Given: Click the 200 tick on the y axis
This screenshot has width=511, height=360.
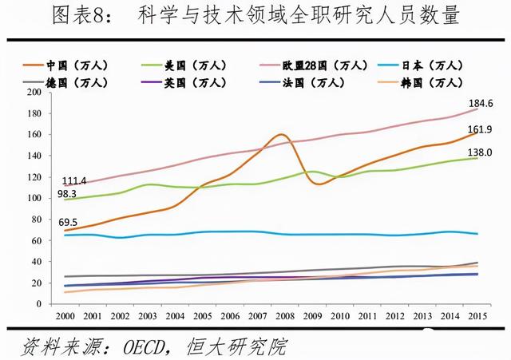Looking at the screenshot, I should tap(33, 92).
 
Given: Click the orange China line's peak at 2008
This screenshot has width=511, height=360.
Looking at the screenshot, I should tap(281, 134).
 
